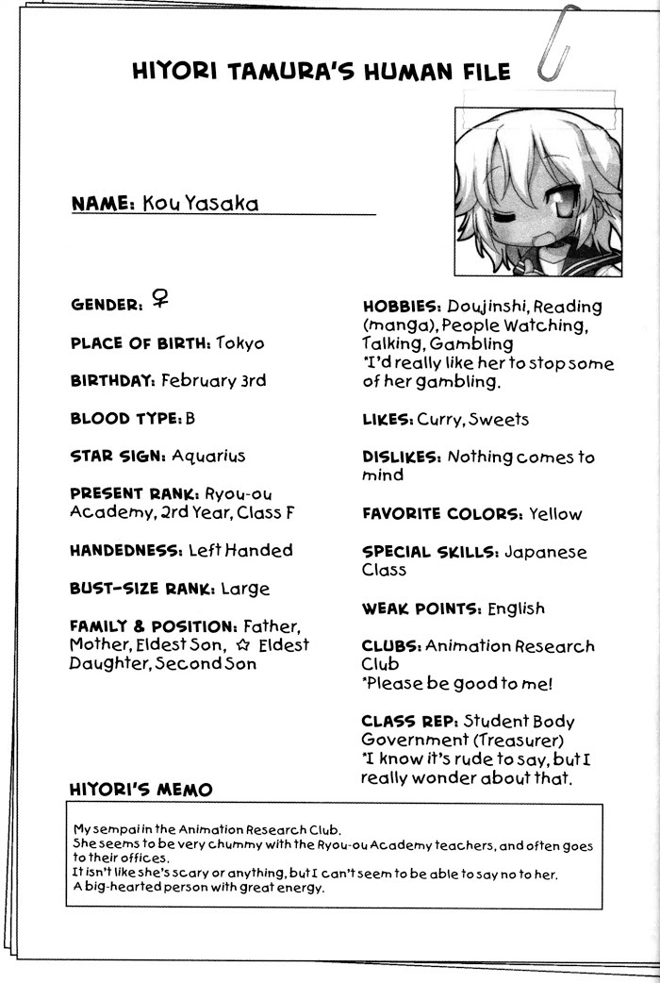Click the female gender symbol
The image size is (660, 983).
tap(160, 299)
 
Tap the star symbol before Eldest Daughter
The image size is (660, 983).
tap(243, 645)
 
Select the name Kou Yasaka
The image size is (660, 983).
tap(200, 204)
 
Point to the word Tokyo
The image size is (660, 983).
tap(240, 343)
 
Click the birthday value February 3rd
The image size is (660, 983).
tap(213, 381)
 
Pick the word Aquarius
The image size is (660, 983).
tap(208, 456)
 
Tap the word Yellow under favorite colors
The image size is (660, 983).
tap(555, 514)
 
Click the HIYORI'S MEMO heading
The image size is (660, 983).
tap(140, 789)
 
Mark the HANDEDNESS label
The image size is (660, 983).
tap(125, 550)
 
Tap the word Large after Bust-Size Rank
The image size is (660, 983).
tap(245, 589)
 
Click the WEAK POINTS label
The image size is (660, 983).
tap(421, 608)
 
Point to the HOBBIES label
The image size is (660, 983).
tap(402, 307)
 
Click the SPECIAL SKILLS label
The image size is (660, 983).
tap(429, 552)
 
